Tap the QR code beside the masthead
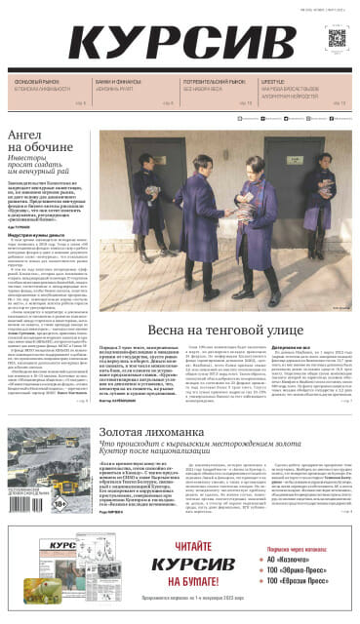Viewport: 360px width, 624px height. coord(337,39)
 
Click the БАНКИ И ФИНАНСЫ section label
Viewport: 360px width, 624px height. coord(116,82)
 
